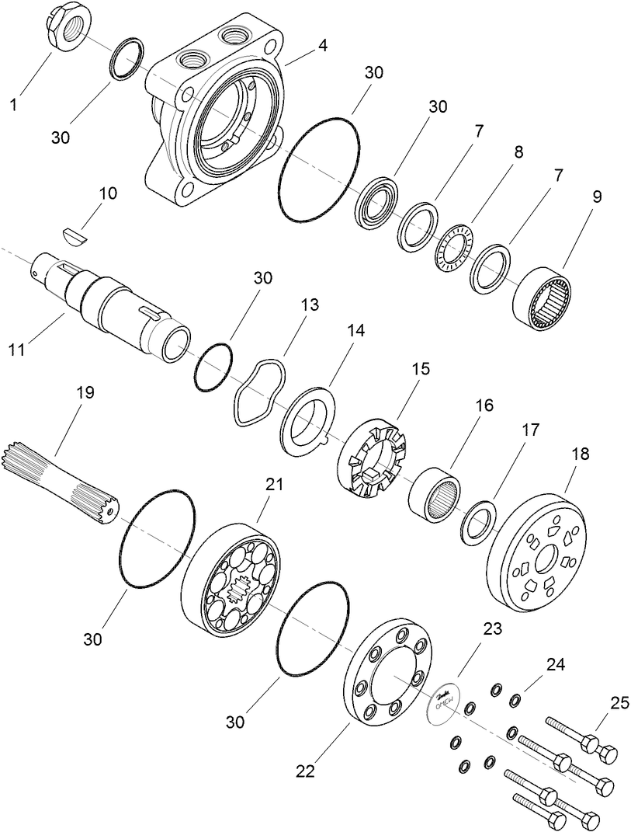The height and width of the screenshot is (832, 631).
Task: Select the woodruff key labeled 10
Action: tap(75, 233)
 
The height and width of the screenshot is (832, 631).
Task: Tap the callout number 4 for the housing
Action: tap(322, 45)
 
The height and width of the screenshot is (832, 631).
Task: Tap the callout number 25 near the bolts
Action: tap(618, 702)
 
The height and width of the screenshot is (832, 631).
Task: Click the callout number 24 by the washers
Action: tap(555, 664)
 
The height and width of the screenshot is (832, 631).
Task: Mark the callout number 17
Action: tap(529, 429)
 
